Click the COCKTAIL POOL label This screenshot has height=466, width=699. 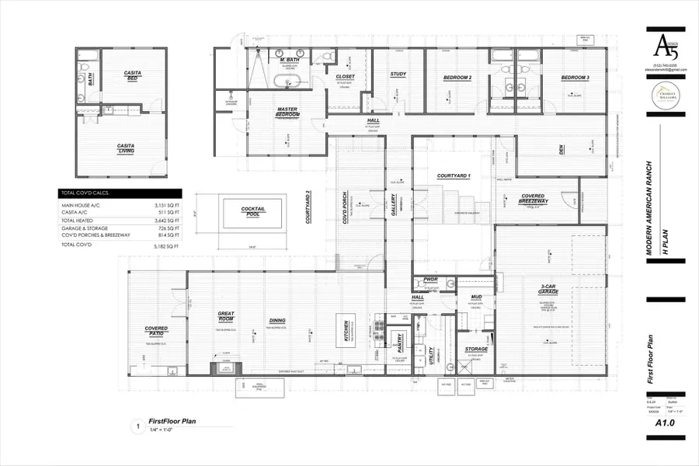pyautogui.click(x=253, y=211)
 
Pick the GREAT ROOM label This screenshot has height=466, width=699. pyautogui.click(x=226, y=317)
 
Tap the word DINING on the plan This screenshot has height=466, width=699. pyautogui.click(x=276, y=320)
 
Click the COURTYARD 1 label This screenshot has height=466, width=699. pyautogui.click(x=454, y=176)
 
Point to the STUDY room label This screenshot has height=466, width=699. pyautogui.click(x=399, y=75)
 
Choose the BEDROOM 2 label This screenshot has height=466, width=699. pyautogui.click(x=457, y=78)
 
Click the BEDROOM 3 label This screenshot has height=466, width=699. pyautogui.click(x=576, y=78)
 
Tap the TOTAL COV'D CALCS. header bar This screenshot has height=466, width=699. pyautogui.click(x=120, y=193)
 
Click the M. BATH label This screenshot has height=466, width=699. pyautogui.click(x=280, y=59)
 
